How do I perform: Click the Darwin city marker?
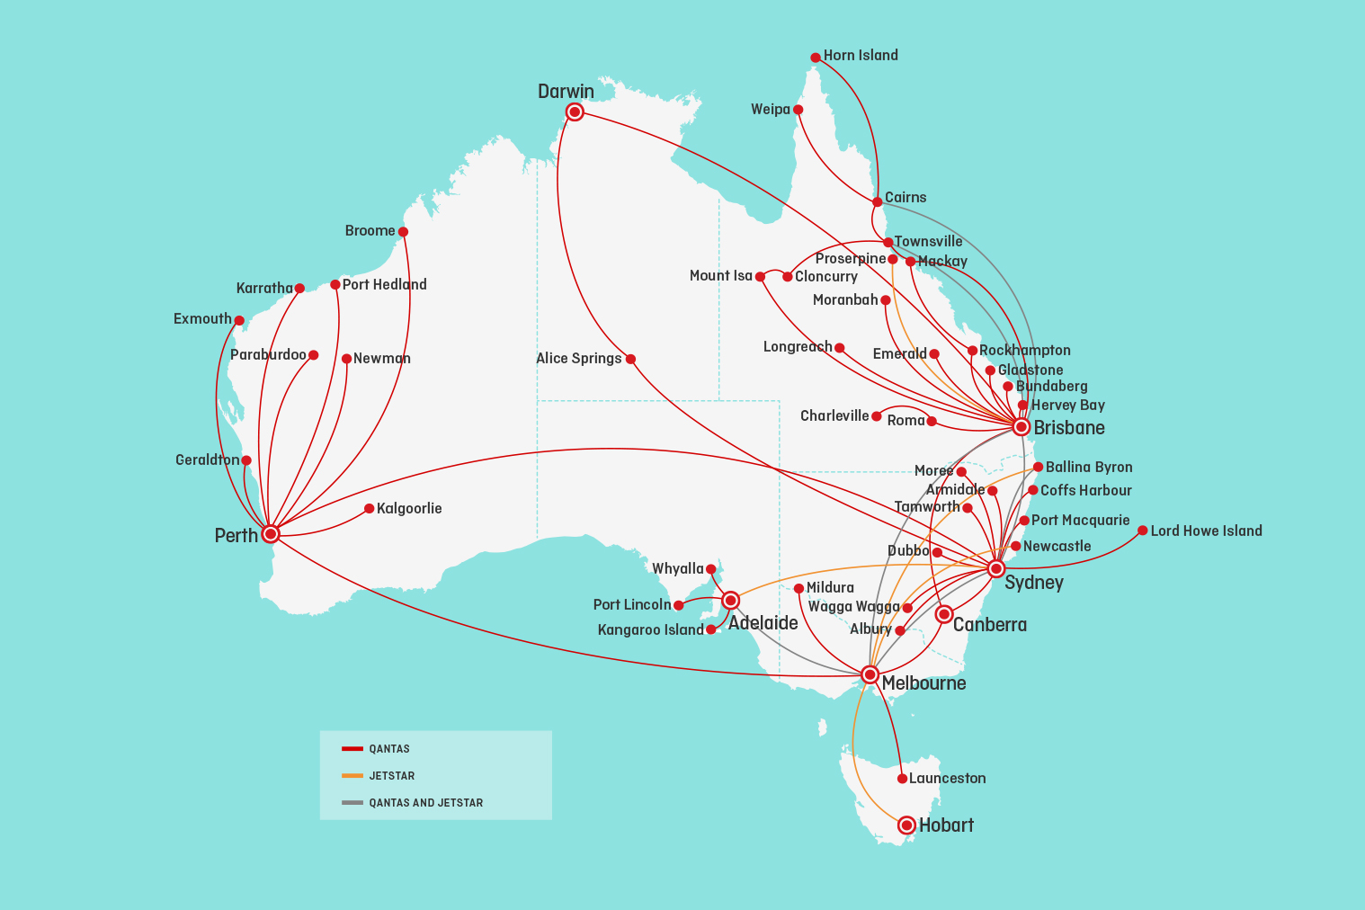pyautogui.click(x=575, y=112)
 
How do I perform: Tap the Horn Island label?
pyautogui.click(x=861, y=55)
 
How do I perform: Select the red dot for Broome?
pyautogui.click(x=403, y=232)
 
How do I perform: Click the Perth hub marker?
pyautogui.click(x=271, y=534)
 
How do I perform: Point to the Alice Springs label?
pyautogui.click(x=578, y=358)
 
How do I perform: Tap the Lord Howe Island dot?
pyautogui.click(x=1143, y=531)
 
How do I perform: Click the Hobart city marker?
pyautogui.click(x=906, y=825)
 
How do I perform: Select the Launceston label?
pyautogui.click(x=947, y=778)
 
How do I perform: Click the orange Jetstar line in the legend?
pyautogui.click(x=352, y=775)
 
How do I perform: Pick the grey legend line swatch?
pyautogui.click(x=352, y=802)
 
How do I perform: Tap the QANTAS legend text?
pyautogui.click(x=389, y=749)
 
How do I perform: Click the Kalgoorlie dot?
pyautogui.click(x=369, y=509)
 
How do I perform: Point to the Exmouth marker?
pyautogui.click(x=239, y=320)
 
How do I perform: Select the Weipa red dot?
pyautogui.click(x=798, y=110)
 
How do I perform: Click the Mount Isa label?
pyautogui.click(x=720, y=275)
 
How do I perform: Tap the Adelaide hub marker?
pyautogui.click(x=731, y=600)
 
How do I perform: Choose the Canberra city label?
pyautogui.click(x=989, y=624)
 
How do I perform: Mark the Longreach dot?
pyautogui.click(x=839, y=348)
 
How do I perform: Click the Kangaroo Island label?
pyautogui.click(x=650, y=629)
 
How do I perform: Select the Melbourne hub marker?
pyautogui.click(x=870, y=674)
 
